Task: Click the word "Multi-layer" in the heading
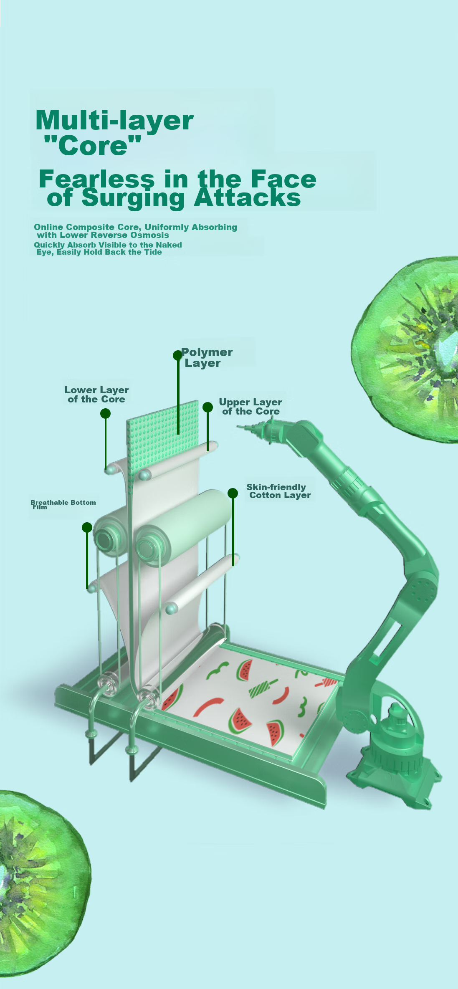(x=115, y=121)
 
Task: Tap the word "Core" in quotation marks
(x=93, y=146)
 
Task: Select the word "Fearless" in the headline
(x=96, y=179)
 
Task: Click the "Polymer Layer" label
(x=207, y=358)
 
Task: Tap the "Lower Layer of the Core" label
(x=96, y=395)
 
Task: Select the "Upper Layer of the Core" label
(x=251, y=407)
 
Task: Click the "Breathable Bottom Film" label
(x=63, y=504)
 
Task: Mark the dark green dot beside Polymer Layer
(x=177, y=355)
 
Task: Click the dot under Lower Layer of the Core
(x=105, y=413)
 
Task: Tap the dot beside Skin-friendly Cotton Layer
(x=233, y=493)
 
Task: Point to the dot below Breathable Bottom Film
(x=87, y=527)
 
